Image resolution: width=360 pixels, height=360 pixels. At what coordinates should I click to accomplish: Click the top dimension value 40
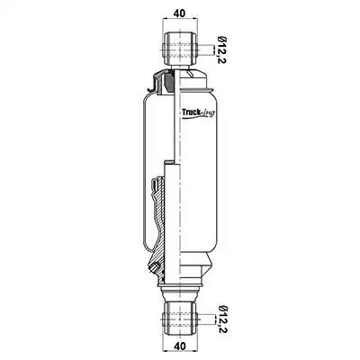180,13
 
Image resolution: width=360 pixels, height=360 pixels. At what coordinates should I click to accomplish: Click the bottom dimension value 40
180,346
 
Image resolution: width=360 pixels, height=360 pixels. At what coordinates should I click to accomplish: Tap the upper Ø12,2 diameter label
222,49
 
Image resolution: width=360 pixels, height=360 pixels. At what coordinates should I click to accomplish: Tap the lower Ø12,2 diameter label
222,319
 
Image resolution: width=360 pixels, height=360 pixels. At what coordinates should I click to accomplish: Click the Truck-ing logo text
198,112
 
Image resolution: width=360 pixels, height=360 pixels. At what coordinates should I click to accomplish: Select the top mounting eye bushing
180,48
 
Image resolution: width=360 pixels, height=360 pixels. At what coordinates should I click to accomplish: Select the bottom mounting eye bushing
180,319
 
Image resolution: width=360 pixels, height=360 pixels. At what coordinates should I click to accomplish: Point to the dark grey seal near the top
168,82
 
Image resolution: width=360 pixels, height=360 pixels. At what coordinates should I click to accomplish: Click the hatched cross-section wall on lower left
160,228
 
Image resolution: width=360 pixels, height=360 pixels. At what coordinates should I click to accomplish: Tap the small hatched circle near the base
155,266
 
